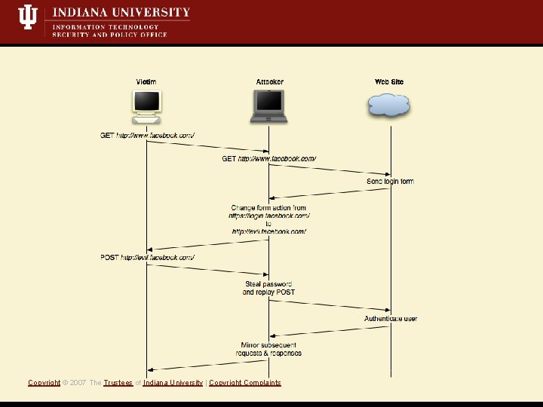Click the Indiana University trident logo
tap(27, 17)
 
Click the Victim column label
tap(146, 82)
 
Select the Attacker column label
tap(269, 82)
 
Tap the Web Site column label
tap(389, 82)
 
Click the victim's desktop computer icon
tap(146, 106)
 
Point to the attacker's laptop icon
tap(269, 106)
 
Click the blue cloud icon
tap(389, 105)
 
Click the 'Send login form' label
tap(390, 182)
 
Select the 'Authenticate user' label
tap(391, 319)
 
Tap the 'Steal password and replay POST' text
tap(268, 288)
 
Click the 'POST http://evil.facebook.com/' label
tap(148, 258)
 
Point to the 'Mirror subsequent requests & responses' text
tap(271, 349)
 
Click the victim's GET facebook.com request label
tap(148, 136)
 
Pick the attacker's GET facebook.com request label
tap(268, 159)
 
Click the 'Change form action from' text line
tap(268, 208)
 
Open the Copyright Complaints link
tap(244, 383)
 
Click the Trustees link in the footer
tap(118, 383)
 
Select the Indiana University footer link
tap(173, 383)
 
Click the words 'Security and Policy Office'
tap(109, 35)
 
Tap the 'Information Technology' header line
tap(105, 27)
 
